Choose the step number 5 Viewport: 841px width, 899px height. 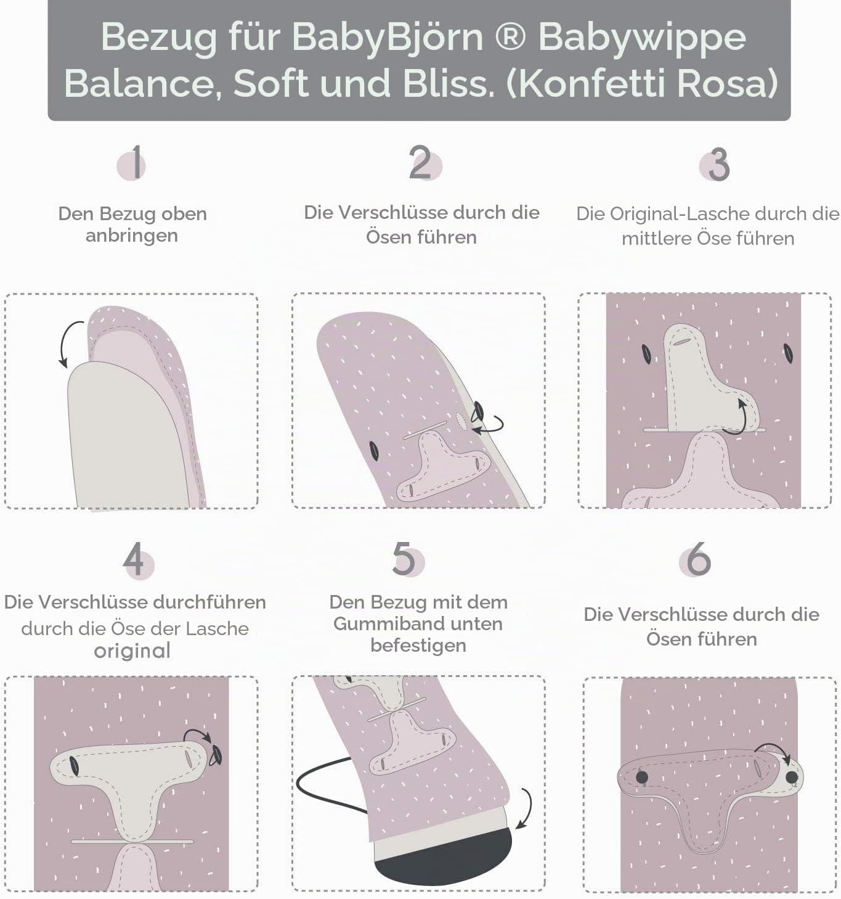(x=404, y=559)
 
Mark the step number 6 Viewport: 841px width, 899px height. (x=699, y=559)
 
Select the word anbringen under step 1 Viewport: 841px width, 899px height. (x=132, y=236)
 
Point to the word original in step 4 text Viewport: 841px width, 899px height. (x=132, y=651)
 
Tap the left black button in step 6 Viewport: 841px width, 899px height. (x=641, y=778)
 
